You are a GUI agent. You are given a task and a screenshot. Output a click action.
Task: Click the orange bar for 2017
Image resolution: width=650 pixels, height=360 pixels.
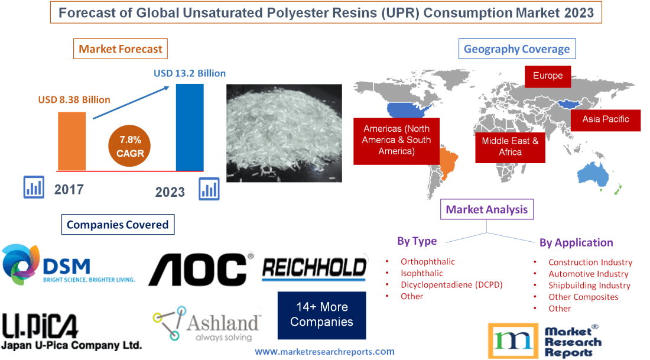pyautogui.click(x=71, y=141)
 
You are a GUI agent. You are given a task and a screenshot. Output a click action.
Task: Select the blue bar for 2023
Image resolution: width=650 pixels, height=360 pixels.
pyautogui.click(x=190, y=127)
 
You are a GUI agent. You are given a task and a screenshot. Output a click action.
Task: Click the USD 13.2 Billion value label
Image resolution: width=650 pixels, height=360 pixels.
pyautogui.click(x=190, y=73)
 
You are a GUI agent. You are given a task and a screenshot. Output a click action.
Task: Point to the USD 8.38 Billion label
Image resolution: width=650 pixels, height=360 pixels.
pyautogui.click(x=74, y=99)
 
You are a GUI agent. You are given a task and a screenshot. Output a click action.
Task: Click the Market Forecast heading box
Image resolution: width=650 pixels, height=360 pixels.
pyautogui.click(x=121, y=49)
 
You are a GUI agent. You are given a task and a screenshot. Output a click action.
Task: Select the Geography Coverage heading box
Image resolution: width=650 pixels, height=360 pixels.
pyautogui.click(x=516, y=49)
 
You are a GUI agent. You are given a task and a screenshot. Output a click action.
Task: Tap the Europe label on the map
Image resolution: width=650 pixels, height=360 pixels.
pyautogui.click(x=548, y=76)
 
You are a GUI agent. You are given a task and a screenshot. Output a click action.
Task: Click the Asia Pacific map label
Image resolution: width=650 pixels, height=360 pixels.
pyautogui.click(x=605, y=119)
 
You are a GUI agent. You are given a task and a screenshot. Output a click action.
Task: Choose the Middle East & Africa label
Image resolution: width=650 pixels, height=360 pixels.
pyautogui.click(x=510, y=147)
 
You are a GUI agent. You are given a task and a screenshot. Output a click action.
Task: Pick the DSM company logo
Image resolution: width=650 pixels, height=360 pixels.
pyautogui.click(x=68, y=265)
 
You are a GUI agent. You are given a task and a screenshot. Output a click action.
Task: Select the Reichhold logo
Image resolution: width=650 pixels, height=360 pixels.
pyautogui.click(x=314, y=268)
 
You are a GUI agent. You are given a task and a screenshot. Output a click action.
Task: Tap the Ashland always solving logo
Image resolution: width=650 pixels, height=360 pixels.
pyautogui.click(x=206, y=324)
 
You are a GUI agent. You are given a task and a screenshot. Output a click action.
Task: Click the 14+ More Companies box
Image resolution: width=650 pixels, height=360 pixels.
pyautogui.click(x=321, y=315)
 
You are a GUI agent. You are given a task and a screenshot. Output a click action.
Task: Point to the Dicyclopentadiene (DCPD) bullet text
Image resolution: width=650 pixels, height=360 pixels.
pyautogui.click(x=451, y=284)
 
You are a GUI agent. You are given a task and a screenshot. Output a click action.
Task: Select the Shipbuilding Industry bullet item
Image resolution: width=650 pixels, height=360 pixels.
pyautogui.click(x=589, y=285)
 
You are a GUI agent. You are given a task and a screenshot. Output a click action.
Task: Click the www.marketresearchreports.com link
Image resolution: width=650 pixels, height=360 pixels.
pyautogui.click(x=324, y=351)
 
